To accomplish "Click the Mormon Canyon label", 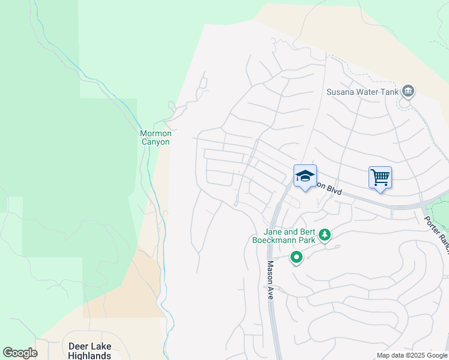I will [x=155, y=137].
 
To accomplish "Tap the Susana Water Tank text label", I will [x=362, y=92].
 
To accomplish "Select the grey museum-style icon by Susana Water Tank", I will [x=408, y=91].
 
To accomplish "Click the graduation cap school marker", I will [x=305, y=176].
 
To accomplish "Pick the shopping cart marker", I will [x=380, y=178].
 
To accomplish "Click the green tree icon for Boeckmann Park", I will [x=325, y=235].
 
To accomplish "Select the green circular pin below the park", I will [x=296, y=258].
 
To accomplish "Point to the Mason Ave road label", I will [x=270, y=281].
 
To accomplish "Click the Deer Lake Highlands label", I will [x=90, y=351].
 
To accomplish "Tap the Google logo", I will [x=20, y=353].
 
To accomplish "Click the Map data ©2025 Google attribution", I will [x=411, y=355].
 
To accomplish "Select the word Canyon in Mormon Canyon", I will [x=155, y=142].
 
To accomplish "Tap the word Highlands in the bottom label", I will [x=90, y=356].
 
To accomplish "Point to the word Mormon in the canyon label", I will [x=155, y=133].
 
